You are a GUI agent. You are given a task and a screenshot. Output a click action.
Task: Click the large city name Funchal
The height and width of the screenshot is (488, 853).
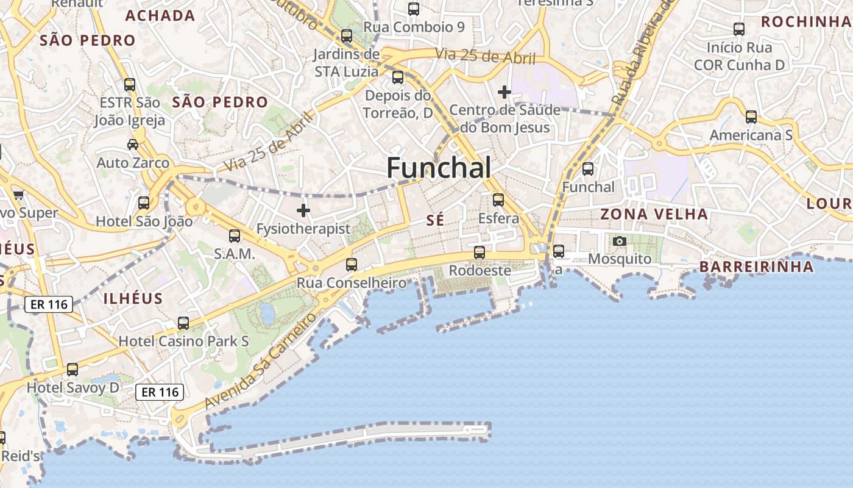pos(439,168)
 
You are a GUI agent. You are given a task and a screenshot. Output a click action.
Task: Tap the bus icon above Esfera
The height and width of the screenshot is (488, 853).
pos(498,199)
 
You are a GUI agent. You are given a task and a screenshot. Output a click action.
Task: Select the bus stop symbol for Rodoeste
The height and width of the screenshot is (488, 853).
pos(480,252)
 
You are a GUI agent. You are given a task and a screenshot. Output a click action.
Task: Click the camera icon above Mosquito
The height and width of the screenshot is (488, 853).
pos(620,241)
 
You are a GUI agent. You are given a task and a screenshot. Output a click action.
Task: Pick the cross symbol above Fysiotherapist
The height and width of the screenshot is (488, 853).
pos(303,210)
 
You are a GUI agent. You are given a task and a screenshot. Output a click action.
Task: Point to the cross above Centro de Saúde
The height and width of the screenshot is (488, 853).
pos(504,92)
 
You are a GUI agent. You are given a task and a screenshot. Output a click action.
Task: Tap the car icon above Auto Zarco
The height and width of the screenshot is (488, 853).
pos(133,145)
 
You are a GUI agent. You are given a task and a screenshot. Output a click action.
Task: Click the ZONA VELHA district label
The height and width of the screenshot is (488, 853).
pos(654,214)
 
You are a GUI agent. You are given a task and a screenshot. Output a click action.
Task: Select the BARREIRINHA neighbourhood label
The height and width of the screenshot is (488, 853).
pos(756,267)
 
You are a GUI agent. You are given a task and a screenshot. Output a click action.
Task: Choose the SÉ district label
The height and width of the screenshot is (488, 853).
pos(435,221)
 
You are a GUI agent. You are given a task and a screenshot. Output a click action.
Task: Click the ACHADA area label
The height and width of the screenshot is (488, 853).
pos(160,16)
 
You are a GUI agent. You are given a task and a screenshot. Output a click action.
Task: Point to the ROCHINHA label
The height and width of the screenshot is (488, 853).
pos(805,22)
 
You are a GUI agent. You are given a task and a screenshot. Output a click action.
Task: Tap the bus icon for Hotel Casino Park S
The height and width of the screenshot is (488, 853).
pos(183,323)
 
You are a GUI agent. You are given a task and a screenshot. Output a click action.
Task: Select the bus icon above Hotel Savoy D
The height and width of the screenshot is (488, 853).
pos(73,369)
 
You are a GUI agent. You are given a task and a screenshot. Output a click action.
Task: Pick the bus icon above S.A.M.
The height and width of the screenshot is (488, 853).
pos(235,235)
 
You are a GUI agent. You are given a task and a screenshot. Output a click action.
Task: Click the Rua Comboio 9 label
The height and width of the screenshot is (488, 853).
pos(414,27)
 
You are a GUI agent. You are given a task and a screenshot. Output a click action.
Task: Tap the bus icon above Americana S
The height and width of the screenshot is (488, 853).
pos(751,117)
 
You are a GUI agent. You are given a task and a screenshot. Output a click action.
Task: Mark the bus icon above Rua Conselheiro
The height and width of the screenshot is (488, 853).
pos(352,264)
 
